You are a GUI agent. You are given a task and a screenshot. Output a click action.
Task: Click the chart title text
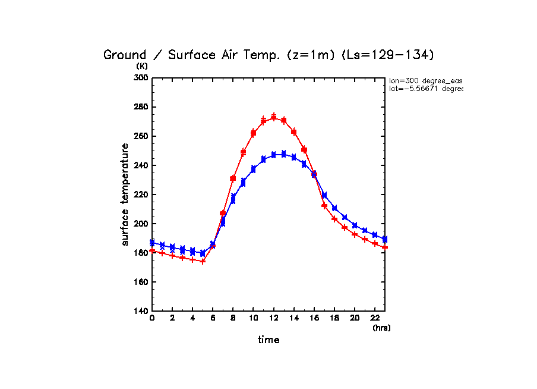(x=269, y=55)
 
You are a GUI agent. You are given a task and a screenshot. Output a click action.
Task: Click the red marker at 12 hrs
(x=274, y=117)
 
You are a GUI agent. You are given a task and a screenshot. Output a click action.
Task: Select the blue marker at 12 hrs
(x=274, y=155)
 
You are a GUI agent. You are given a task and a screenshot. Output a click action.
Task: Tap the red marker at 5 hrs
(x=203, y=261)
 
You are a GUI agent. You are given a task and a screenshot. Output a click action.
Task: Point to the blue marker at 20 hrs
(x=355, y=225)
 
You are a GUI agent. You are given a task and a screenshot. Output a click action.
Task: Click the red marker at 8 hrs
(x=233, y=178)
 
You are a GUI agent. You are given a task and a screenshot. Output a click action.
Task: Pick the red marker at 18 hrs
(x=334, y=219)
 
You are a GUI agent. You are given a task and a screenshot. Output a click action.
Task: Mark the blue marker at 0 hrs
(x=152, y=243)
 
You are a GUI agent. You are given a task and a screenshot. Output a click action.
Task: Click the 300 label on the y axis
(x=141, y=78)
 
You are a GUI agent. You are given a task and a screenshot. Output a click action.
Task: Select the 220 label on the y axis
(x=141, y=194)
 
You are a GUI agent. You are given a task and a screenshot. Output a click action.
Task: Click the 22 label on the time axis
(x=375, y=318)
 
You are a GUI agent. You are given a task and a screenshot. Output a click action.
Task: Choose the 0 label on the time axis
(x=152, y=318)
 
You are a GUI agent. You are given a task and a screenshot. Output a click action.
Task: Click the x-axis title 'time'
(x=268, y=340)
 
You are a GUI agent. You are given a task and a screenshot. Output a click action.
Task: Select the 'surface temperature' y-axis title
(x=125, y=194)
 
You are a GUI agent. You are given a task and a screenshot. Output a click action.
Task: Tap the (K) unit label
(x=143, y=66)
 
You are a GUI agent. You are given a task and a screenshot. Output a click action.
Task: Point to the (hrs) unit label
(x=381, y=328)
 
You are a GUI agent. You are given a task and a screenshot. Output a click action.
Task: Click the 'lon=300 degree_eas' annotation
(x=425, y=80)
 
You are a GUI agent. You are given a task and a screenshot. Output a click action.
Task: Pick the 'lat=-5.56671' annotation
(x=425, y=89)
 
